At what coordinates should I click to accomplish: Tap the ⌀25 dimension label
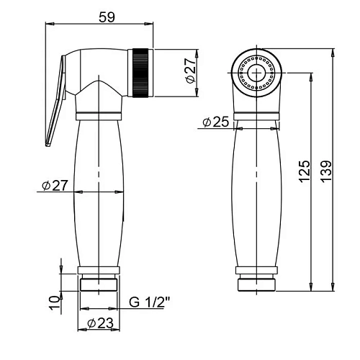(x=215, y=122)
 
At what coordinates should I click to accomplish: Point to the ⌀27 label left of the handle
(x=55, y=186)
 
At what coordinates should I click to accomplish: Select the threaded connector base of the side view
(x=99, y=279)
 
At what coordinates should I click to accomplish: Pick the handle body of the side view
(x=99, y=191)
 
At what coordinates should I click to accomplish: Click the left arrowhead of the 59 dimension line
(x=48, y=24)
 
